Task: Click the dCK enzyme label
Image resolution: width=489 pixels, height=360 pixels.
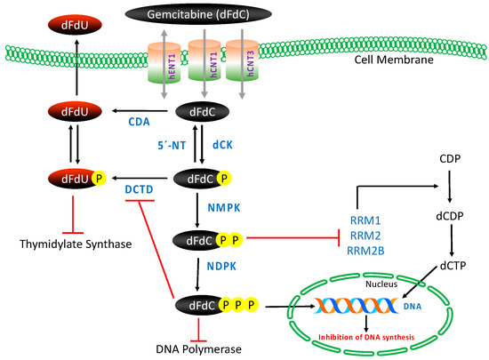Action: (x=221, y=140)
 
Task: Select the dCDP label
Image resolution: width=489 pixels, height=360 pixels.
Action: (x=453, y=212)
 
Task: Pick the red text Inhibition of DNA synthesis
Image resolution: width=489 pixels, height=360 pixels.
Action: (x=371, y=335)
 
